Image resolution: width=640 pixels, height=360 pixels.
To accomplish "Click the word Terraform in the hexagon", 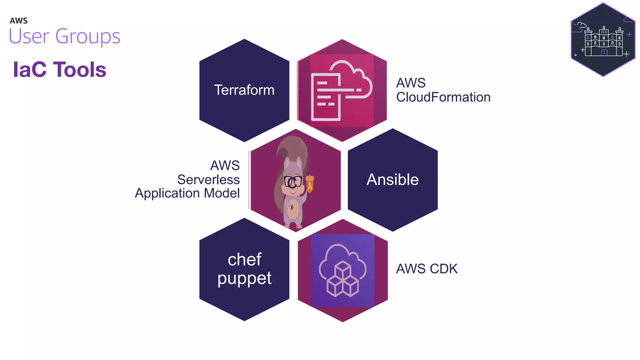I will [244, 90].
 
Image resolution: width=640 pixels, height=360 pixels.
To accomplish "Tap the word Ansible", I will [392, 180].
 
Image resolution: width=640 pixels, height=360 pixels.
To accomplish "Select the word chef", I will [244, 259].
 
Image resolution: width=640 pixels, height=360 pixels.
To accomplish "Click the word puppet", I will [244, 278].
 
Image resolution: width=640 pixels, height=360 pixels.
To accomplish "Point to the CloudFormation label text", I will [443, 97].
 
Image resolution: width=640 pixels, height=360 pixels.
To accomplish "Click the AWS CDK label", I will [427, 269].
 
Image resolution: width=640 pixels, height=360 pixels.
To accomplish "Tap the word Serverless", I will [208, 180].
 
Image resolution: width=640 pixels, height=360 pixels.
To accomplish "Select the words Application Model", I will [187, 193].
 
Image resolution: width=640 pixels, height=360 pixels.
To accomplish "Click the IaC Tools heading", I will [60, 69].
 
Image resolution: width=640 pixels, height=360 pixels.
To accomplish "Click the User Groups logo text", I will [64, 36].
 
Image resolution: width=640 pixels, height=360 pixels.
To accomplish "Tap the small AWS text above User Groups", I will [19, 21].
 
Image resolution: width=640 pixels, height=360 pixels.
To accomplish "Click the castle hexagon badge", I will [603, 40].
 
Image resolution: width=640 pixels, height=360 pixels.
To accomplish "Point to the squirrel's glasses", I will [293, 181].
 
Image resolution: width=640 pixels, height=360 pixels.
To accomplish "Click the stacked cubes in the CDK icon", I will [343, 280].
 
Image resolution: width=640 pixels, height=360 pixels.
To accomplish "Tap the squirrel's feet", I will [293, 225].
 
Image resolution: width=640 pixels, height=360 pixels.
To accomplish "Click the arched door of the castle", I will [604, 52].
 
